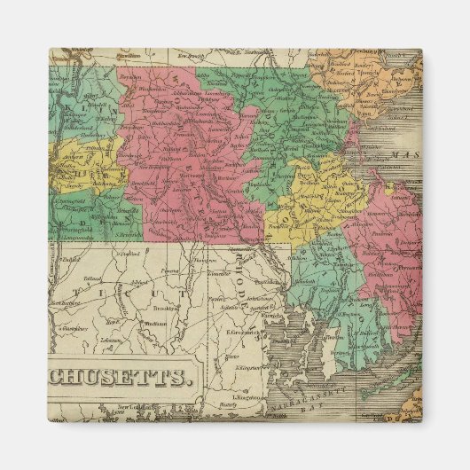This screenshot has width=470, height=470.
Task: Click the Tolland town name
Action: pyautogui.click(x=86, y=277)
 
